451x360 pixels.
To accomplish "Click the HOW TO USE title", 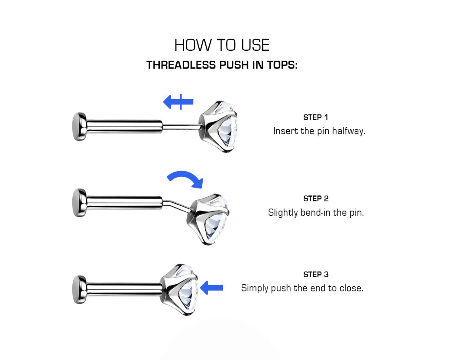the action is (222, 45).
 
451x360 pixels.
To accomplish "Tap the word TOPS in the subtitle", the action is (282, 65).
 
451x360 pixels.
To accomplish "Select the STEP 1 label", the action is (315, 117).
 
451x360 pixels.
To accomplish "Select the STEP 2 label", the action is (316, 199).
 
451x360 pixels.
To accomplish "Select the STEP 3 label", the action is (316, 274).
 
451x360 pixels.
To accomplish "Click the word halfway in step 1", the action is (348, 131).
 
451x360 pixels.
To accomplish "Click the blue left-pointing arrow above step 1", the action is (178, 101).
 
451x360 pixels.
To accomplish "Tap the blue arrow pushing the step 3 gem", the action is (211, 288).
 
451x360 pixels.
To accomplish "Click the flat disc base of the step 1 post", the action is (79, 126).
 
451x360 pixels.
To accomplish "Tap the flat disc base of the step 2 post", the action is (79, 203).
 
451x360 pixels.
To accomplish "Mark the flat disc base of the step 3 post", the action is (79, 289).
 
